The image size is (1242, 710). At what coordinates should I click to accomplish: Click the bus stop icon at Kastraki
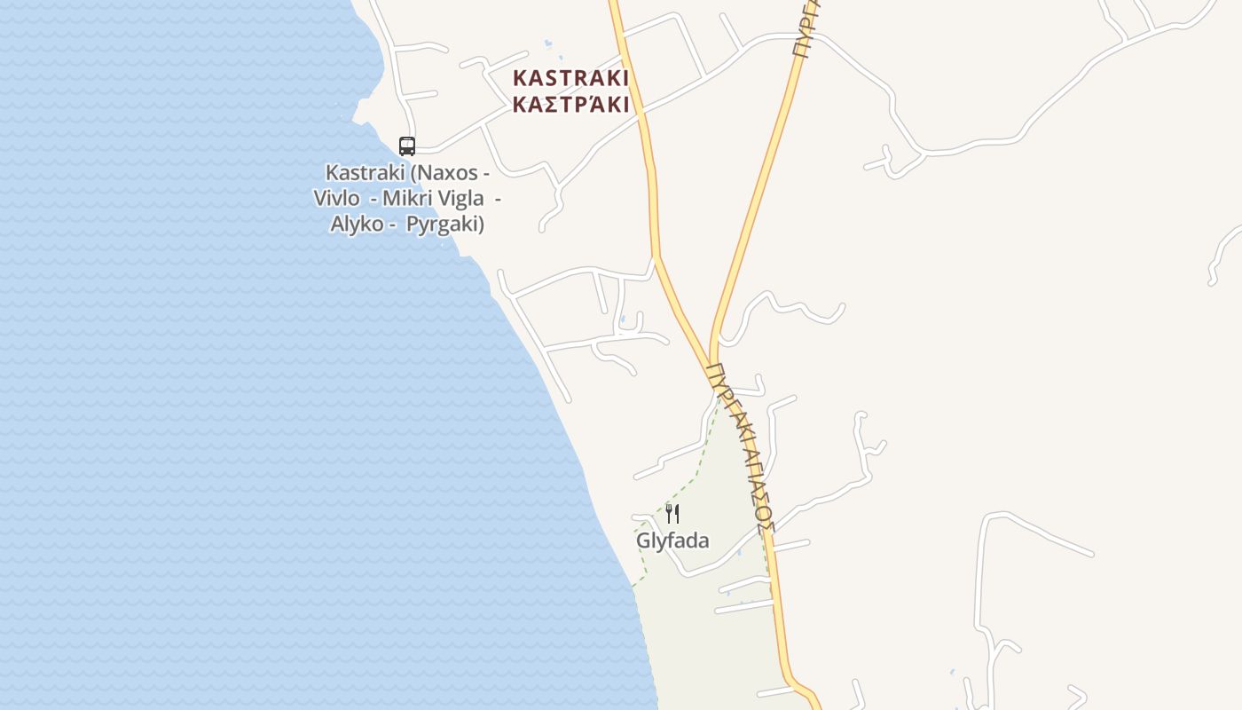pyautogui.click(x=407, y=146)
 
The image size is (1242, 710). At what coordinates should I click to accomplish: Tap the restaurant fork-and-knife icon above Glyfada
pyautogui.click(x=672, y=513)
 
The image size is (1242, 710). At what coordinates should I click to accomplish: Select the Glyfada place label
pyautogui.click(x=672, y=540)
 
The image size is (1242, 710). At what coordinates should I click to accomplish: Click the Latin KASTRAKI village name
pyautogui.click(x=571, y=78)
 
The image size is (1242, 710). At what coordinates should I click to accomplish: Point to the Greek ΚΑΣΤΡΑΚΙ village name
pyautogui.click(x=571, y=105)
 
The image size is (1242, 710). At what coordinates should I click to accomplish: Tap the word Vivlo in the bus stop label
pyautogui.click(x=336, y=198)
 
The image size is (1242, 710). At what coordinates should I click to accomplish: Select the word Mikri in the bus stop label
pyautogui.click(x=405, y=198)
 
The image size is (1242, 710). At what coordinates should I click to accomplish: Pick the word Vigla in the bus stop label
pyautogui.click(x=460, y=198)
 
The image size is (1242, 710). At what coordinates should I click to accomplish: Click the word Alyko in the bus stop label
pyautogui.click(x=357, y=224)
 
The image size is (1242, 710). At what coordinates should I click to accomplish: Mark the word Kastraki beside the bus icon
pyautogui.click(x=365, y=172)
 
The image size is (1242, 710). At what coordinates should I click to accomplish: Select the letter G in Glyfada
pyautogui.click(x=643, y=540)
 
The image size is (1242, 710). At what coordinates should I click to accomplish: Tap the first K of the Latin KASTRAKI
pyautogui.click(x=520, y=78)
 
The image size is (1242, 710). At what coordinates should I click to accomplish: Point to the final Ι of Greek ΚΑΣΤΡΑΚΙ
pyautogui.click(x=625, y=105)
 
